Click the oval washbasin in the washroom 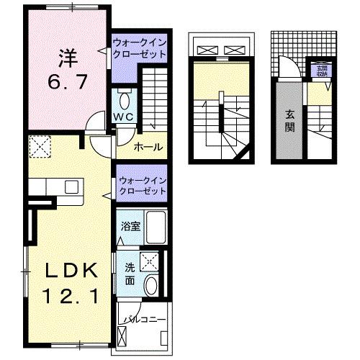152,286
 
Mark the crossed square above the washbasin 150,261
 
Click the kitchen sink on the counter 71,186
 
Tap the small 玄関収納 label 320,71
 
